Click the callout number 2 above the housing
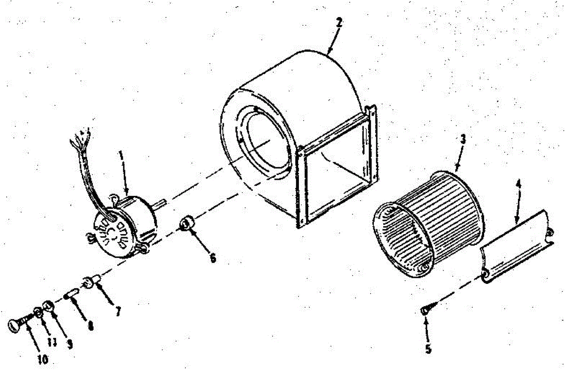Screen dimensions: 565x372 pos(339,22)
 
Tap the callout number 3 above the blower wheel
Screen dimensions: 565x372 pos(463,139)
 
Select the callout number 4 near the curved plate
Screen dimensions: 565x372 pos(519,183)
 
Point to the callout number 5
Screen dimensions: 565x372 pos(428,349)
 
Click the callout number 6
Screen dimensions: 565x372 pos(213,258)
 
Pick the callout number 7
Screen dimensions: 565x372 pos(118,311)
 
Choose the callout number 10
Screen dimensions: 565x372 pos(42,359)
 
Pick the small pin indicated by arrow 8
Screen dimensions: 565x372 pos(73,295)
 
